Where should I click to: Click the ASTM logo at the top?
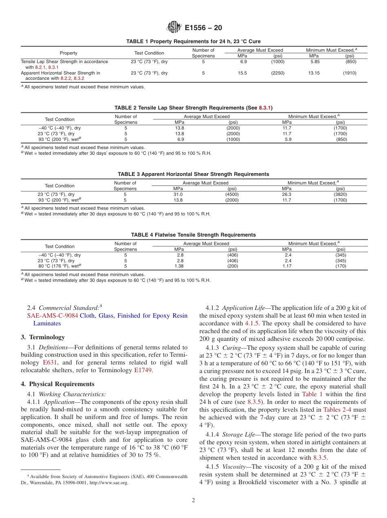(174, 28)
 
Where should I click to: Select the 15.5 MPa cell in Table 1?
(242, 73)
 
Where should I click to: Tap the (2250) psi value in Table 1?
(278, 73)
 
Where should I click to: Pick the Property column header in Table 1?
(68, 53)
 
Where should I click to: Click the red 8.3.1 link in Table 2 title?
(265, 108)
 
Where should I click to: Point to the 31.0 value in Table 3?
(178, 195)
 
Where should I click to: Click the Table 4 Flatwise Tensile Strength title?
(193, 235)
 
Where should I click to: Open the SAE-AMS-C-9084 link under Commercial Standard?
(53, 316)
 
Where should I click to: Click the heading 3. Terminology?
(43, 337)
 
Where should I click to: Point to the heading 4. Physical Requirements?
(57, 384)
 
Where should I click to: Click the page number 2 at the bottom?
(193, 500)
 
